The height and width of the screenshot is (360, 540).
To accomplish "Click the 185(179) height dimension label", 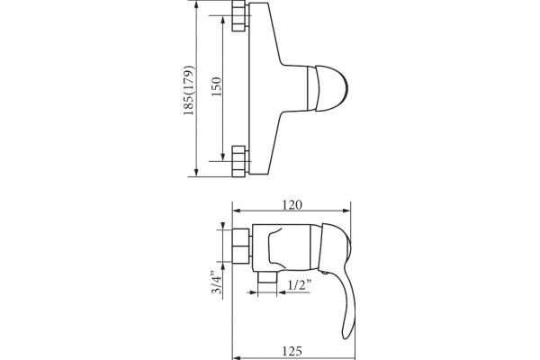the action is pos(189,90).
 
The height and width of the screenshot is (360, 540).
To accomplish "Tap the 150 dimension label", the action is pos(216,86).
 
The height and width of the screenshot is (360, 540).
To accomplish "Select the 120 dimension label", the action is pos(292,204).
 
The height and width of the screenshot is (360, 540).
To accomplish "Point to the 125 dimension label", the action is pos(292,351).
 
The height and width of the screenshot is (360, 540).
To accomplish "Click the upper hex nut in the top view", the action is pos(240,16).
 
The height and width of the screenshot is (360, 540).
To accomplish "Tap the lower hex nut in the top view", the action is pos(240,161).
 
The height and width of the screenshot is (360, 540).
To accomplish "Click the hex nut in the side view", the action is pos(241,246).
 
